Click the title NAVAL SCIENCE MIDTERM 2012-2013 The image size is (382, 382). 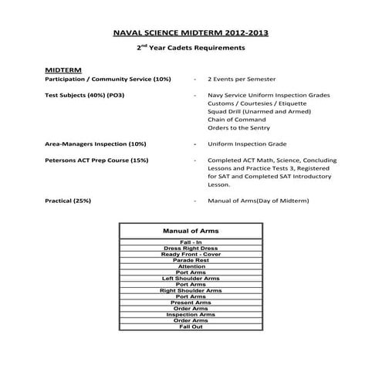point(191,35)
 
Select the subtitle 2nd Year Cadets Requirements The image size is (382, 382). point(191,48)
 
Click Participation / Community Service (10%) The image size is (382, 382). point(107,79)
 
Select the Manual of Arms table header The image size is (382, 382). point(191,231)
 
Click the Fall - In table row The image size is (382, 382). point(191,242)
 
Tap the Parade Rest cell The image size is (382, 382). point(191,260)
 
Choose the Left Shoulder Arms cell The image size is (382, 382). point(191,279)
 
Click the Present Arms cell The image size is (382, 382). point(191,303)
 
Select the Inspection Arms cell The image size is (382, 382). point(191,315)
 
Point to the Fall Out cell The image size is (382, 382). point(191,327)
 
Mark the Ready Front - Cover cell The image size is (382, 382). point(191,255)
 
